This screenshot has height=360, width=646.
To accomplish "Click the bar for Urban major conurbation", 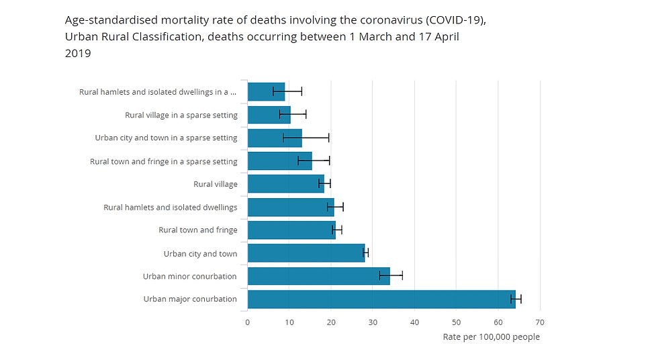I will tap(381, 299).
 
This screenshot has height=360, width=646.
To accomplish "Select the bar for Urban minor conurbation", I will tap(318, 276).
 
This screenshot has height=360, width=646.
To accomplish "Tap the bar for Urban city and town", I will tap(306, 253).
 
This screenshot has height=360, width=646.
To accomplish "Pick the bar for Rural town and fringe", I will tap(291, 230).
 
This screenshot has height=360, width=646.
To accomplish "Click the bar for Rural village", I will tap(285, 184).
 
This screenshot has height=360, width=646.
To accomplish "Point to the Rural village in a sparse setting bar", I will tap(269, 115).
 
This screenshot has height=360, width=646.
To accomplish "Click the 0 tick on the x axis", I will tap(248, 322).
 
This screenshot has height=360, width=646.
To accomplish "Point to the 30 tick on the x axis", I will tap(373, 322).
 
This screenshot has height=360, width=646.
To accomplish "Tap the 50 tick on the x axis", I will tap(456, 322).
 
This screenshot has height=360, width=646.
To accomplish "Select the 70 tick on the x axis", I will tap(539, 322).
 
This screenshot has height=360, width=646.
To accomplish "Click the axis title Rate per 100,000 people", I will tap(491, 337).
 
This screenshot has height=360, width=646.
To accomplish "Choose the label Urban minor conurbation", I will tap(190, 276).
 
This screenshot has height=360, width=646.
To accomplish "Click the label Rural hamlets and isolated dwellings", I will tap(171, 208).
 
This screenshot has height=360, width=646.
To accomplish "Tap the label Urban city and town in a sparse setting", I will tap(166, 138).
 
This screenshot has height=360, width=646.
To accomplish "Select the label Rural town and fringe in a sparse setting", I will tap(163, 161).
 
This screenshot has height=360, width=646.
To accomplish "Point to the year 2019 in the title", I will tap(77, 53).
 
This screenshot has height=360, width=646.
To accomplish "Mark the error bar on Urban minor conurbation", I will tap(391, 275).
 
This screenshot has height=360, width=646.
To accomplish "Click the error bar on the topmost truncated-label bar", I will tap(287, 91).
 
